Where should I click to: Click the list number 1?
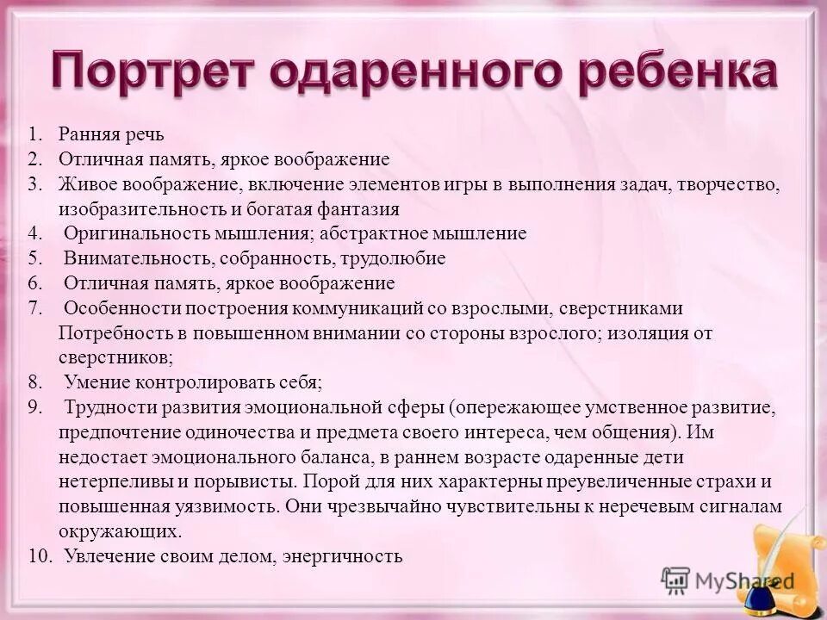point(34,134)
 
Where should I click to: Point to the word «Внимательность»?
point(137,258)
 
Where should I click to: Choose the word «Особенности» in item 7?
point(117,308)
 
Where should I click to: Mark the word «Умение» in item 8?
point(91,381)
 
